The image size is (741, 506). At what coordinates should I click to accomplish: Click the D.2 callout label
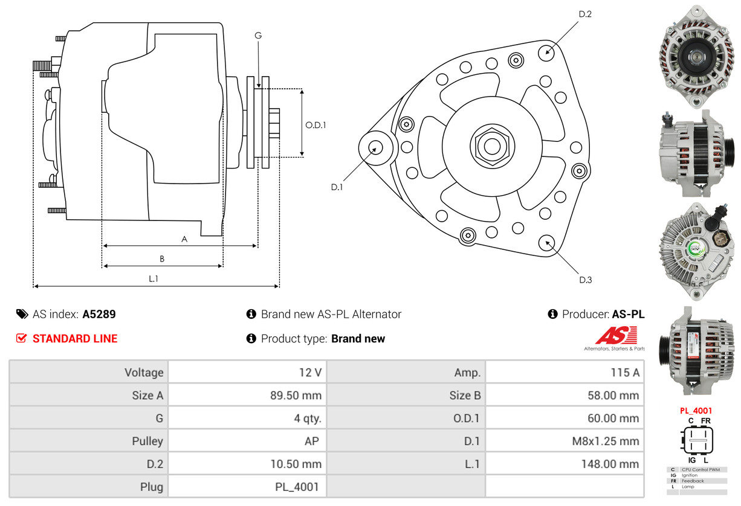[585, 14]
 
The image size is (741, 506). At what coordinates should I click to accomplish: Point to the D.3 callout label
[585, 280]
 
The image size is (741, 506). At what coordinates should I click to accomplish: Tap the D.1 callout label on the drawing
[337, 187]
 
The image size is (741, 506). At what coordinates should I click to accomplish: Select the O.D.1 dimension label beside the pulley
[315, 125]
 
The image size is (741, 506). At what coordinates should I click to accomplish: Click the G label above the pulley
[258, 36]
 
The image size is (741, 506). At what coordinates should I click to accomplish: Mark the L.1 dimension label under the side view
[153, 278]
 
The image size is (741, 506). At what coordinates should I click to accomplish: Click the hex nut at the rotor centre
[492, 146]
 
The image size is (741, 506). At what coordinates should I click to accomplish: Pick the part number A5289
[99, 314]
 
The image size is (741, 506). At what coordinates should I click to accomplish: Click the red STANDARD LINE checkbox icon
[22, 338]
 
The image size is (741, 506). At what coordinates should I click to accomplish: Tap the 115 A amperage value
[625, 373]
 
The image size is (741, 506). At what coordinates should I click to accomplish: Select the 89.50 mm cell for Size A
[296, 396]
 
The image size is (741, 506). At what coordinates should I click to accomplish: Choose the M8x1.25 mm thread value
[606, 441]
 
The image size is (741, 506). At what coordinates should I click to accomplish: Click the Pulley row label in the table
[147, 441]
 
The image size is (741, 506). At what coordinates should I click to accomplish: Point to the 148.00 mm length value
[610, 464]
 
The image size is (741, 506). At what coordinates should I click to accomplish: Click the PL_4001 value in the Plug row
[297, 487]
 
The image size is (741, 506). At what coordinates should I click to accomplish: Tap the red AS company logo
[616, 335]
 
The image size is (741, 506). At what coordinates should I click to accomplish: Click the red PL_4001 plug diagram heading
[696, 411]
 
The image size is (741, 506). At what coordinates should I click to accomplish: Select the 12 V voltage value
[310, 373]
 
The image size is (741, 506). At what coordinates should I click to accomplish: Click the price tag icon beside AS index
[22, 314]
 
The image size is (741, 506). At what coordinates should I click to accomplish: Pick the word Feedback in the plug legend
[693, 481]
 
